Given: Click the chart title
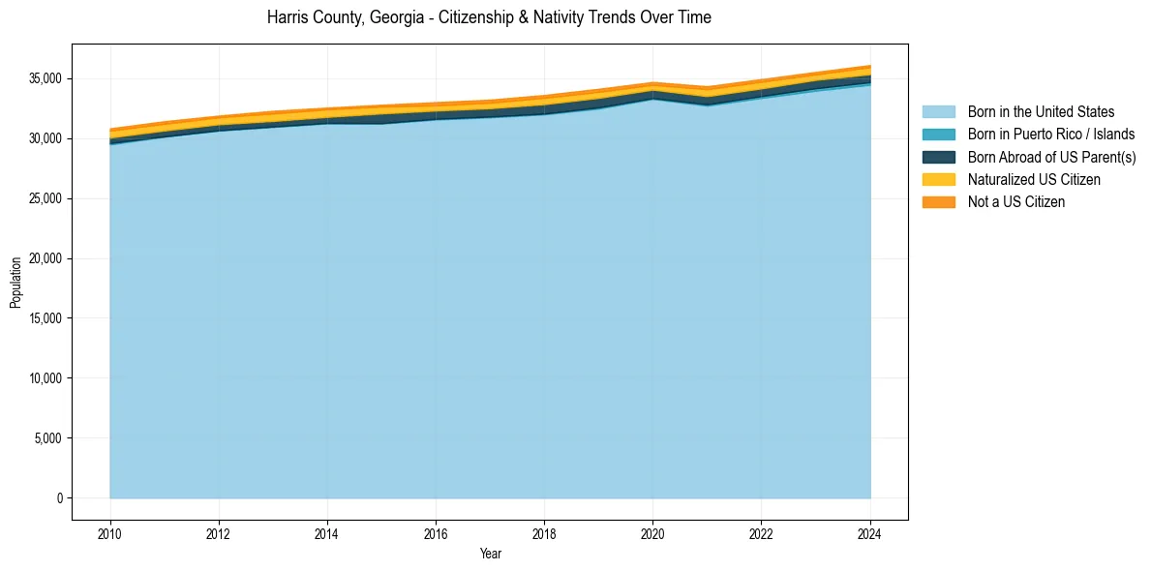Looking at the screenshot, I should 489,17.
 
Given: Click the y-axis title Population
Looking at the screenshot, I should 15,283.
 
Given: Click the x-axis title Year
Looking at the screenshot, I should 491,554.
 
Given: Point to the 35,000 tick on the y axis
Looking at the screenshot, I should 46,78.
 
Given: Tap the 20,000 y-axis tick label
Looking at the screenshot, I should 46,258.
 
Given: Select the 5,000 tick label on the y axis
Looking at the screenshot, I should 49,438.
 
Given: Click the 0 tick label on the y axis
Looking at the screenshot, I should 59,498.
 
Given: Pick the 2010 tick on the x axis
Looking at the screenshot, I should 110,532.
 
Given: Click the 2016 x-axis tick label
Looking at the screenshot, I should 436,532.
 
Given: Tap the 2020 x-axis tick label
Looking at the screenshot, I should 653,532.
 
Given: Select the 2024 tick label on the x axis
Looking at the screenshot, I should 870,532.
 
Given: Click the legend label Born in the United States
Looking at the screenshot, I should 1041,112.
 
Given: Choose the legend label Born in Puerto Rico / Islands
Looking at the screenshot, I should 1051,135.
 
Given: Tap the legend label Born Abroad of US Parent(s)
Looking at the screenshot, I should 1051,157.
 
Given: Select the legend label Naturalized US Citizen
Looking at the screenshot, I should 1034,179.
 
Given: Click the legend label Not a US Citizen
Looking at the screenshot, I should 1016,201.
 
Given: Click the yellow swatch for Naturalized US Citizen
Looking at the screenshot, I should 938,179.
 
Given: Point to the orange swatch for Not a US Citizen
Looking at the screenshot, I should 938,201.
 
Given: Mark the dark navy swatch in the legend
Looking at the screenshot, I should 938,157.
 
